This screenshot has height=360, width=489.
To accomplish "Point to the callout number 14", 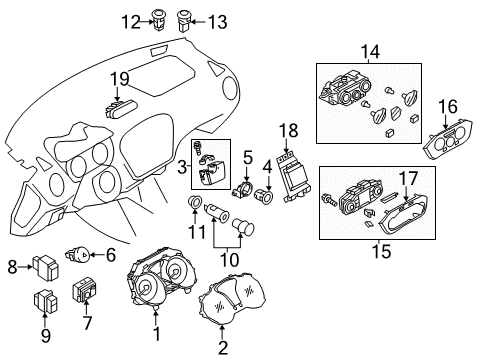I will click(371, 50).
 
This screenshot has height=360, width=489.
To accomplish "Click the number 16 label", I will click(447, 106).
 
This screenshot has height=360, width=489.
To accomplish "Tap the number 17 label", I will click(409, 177).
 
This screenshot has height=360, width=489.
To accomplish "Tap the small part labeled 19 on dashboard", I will click(118, 98).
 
